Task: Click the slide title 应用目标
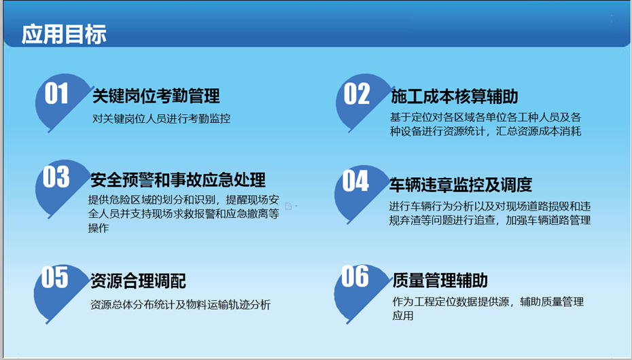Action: (64, 34)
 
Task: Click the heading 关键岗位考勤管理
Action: (156, 96)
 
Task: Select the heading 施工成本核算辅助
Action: (454, 96)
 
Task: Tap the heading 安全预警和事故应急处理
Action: (178, 180)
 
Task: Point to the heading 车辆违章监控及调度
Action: (460, 185)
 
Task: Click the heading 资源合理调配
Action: (138, 281)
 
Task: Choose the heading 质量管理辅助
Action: (440, 281)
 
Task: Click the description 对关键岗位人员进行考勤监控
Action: (161, 119)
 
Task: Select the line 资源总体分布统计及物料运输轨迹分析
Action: (180, 304)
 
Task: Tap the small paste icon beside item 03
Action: (289, 206)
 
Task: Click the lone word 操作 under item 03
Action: (99, 228)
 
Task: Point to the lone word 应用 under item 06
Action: (403, 316)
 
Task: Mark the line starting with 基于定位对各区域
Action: (485, 118)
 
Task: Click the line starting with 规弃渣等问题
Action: (490, 220)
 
